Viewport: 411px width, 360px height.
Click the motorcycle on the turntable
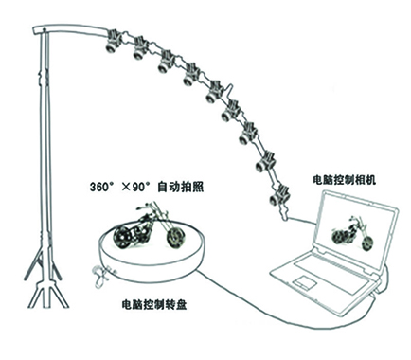[x=147, y=236]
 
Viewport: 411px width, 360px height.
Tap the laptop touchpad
[x=304, y=284]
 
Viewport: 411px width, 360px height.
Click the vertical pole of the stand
[x=42, y=142]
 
